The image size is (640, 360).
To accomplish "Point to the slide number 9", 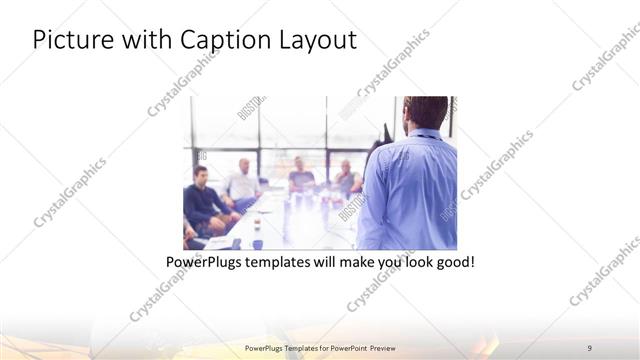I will (589, 347).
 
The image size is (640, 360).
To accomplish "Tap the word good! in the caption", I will (453, 263).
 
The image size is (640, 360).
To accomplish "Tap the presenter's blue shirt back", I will (412, 190).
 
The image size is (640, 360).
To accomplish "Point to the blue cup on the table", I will (257, 243).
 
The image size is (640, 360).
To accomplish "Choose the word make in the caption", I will (357, 263).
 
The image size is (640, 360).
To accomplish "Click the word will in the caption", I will (331, 263).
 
